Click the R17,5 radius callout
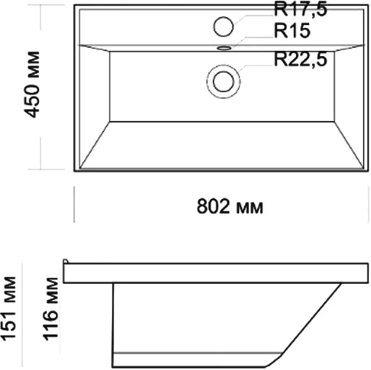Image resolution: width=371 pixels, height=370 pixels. click(300, 10)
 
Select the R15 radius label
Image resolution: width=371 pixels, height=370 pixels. click(292, 30)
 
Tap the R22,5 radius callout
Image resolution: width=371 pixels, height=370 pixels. click(300, 59)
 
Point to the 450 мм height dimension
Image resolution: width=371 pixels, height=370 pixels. click(32, 85)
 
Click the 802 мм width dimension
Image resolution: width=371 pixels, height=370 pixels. click(230, 206)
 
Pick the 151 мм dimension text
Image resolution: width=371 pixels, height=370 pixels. click(8, 309)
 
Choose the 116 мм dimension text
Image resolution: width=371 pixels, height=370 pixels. click(51, 309)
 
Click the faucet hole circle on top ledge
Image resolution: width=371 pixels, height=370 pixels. click(223, 27)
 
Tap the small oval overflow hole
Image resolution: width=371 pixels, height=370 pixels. click(224, 48)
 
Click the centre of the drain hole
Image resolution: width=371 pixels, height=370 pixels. click(223, 82)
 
